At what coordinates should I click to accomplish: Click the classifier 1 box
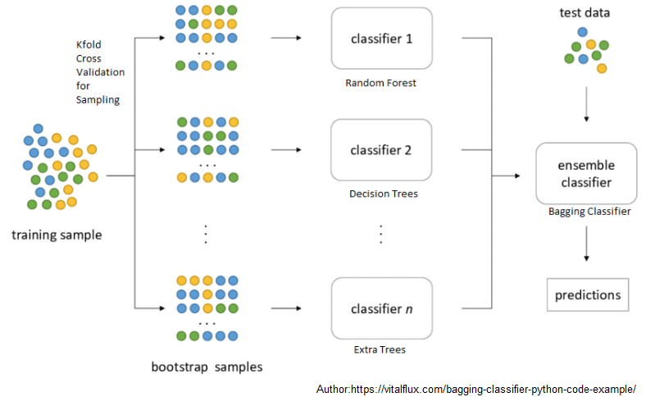coord(380,39)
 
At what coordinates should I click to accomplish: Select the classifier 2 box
coord(380,150)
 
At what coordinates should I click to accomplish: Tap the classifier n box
coord(380,308)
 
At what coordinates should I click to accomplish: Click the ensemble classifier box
coord(586,173)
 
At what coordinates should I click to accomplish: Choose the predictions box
coord(588,294)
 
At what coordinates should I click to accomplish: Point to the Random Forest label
coord(380,83)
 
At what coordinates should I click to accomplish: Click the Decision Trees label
coord(383,194)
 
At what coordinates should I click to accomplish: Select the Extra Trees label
coord(380,349)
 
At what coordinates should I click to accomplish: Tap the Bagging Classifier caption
coord(589,212)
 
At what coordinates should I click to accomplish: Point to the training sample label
coord(57,235)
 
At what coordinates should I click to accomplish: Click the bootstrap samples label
coord(207,367)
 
